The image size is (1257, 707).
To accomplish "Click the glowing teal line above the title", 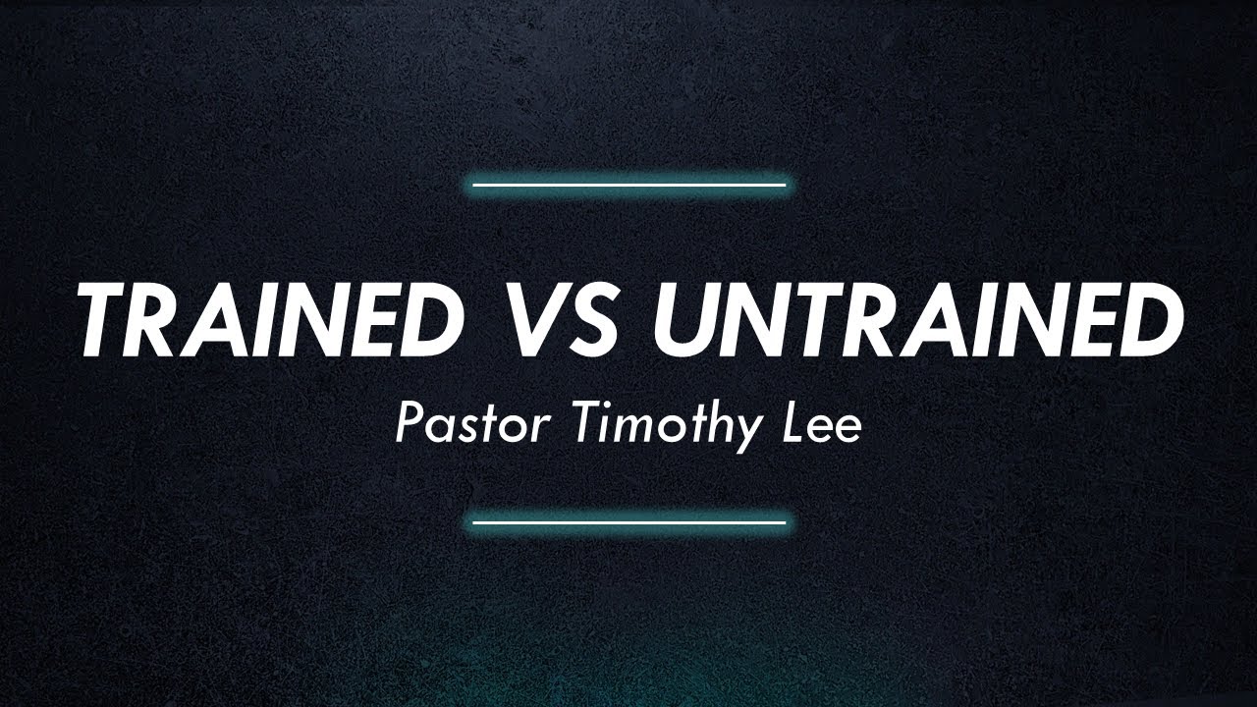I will pos(628,184).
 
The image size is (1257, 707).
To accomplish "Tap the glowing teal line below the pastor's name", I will pos(628,522).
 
